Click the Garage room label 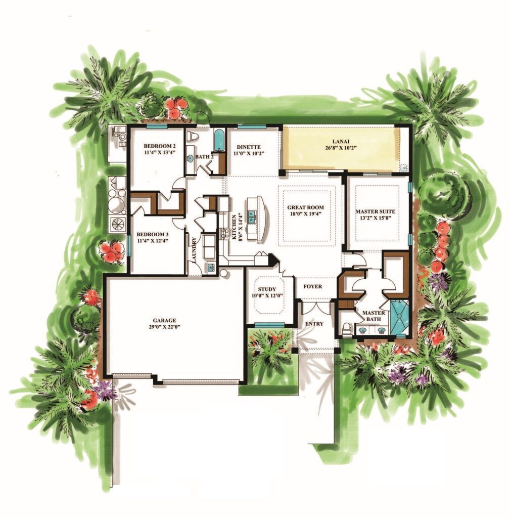(x=164, y=320)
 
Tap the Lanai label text (x=340, y=142)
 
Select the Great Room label (x=305, y=207)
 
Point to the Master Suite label (x=375, y=211)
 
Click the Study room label (x=267, y=289)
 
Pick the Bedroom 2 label (x=159, y=146)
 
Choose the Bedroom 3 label (x=153, y=234)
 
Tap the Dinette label (x=249, y=147)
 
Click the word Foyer (x=312, y=286)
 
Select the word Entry (x=314, y=324)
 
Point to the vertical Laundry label (x=194, y=250)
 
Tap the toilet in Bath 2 (x=193, y=137)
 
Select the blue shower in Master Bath (x=400, y=317)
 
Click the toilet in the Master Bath (x=346, y=329)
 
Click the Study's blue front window (x=270, y=325)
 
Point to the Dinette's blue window (x=252, y=126)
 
